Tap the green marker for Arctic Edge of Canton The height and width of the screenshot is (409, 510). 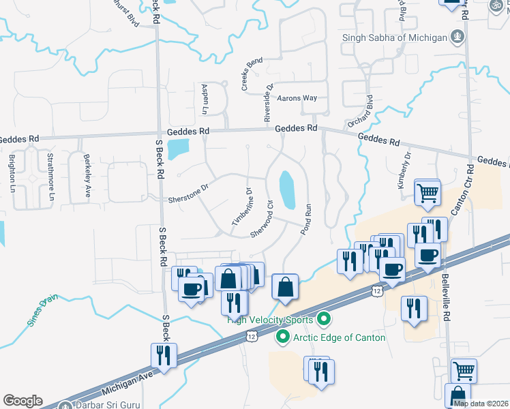(x=282, y=337)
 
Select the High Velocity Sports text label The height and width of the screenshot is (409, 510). (x=270, y=320)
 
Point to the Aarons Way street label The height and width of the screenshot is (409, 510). (x=298, y=98)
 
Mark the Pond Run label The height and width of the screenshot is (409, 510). (x=307, y=219)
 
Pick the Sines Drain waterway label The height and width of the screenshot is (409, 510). (x=43, y=311)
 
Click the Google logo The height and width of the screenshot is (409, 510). (x=22, y=400)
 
